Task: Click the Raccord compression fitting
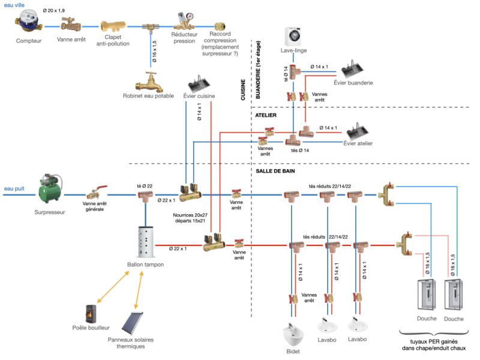click(220, 26)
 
